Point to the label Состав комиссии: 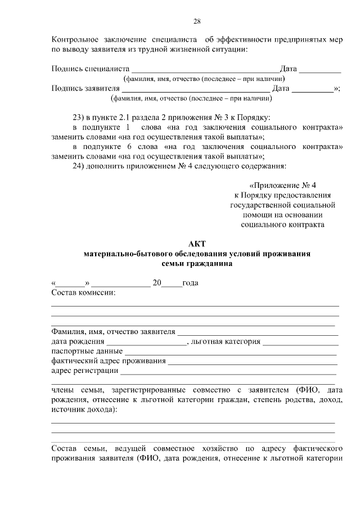point(83,292)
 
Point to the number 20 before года point(157,282)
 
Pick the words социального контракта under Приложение point(282,224)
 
